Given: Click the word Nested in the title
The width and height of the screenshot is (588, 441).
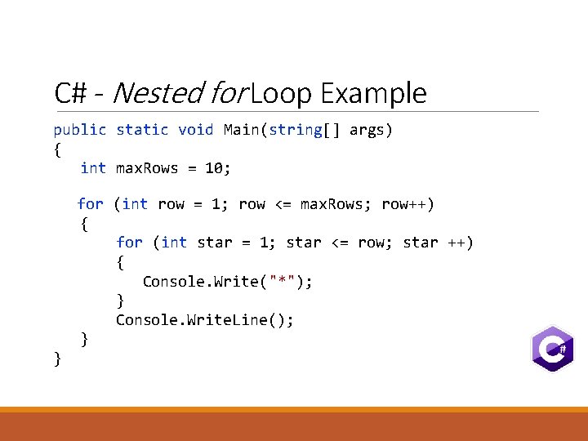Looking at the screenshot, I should point(157,93).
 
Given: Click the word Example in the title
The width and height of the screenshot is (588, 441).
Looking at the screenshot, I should point(373,93).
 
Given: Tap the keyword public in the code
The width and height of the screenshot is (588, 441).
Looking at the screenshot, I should point(80,130).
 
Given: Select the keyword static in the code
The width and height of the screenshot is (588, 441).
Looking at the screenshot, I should point(142,130).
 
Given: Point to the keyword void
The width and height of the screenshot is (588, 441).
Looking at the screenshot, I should point(195,130).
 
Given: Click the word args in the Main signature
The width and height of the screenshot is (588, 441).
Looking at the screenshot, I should point(367,130).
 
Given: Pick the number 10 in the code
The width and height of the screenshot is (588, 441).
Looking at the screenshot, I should point(214,168).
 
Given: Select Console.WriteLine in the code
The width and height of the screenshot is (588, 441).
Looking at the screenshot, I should point(196,320).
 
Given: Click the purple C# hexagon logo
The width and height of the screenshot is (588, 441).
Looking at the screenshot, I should point(552,349).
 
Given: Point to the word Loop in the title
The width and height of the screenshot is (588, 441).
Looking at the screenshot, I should point(282,93).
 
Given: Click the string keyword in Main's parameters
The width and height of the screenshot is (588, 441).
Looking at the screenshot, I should point(295,130).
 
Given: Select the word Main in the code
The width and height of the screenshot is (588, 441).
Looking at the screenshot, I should point(241,130).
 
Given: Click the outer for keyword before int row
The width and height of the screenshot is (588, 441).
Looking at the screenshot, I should point(90,204).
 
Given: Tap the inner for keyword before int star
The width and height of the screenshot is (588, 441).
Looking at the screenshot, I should point(129,243).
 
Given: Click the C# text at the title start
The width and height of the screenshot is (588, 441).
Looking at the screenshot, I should point(71,93).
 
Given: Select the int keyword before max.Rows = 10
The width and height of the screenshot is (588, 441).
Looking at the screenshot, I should point(93,168).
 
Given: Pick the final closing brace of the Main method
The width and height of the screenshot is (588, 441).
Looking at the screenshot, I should point(57,358).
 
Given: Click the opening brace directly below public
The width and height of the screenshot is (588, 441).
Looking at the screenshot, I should point(57,149).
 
